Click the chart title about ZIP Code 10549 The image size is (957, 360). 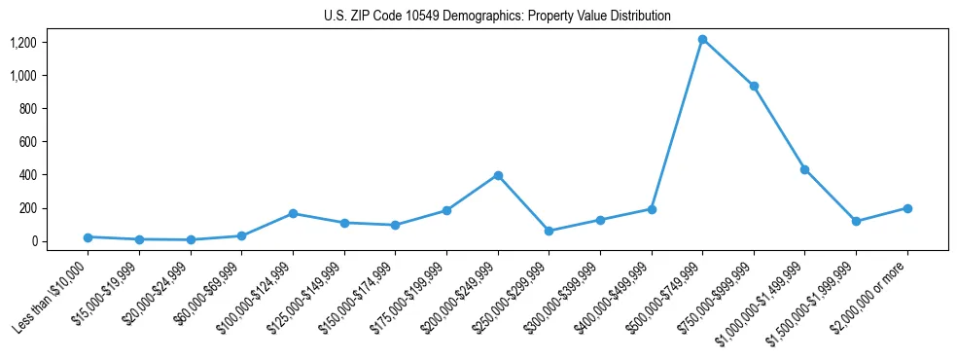point(497,17)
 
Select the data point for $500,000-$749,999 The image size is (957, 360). point(702,40)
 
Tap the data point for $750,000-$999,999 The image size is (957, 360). point(754,87)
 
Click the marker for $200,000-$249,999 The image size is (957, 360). point(498,175)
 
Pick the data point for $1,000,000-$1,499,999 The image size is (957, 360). point(805,169)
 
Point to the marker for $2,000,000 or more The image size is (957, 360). point(907,208)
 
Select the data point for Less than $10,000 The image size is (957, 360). point(88,237)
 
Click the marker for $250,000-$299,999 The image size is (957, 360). point(549,231)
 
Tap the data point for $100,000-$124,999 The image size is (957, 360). point(293,213)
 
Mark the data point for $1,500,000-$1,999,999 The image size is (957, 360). point(856,222)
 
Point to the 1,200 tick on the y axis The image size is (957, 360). point(36,43)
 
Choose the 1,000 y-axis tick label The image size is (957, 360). point(36,76)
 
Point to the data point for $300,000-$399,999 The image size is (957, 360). point(600,220)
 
